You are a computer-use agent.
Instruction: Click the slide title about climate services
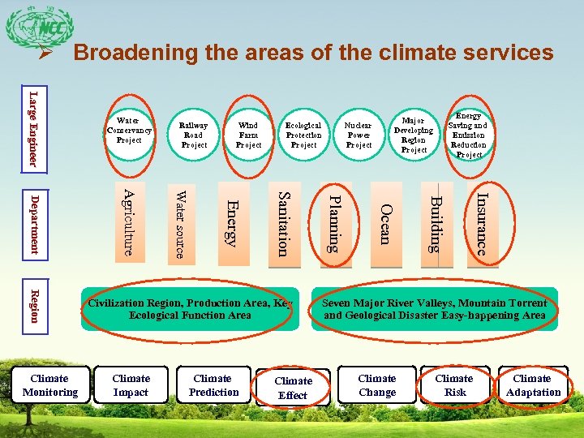tap(313, 54)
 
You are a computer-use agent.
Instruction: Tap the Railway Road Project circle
tap(194, 135)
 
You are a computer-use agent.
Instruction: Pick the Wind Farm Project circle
tap(248, 135)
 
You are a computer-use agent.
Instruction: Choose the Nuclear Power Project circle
tap(359, 135)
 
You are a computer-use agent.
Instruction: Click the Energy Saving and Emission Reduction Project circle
tap(469, 135)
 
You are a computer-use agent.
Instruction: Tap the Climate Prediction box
tap(213, 385)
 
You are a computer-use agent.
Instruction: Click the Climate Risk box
tap(454, 385)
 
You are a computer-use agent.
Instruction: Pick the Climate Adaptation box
tap(533, 385)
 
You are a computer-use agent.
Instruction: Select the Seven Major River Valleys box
tap(435, 309)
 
